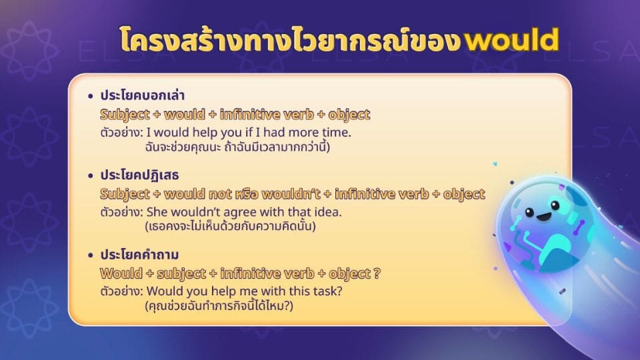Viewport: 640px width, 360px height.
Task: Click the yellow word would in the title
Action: (511, 41)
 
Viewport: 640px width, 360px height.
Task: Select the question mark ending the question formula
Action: (377, 274)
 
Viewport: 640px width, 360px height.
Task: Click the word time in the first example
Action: (337, 133)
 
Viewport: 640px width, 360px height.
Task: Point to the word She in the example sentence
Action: (157, 213)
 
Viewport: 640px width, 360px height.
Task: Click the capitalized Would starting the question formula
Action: (119, 274)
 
